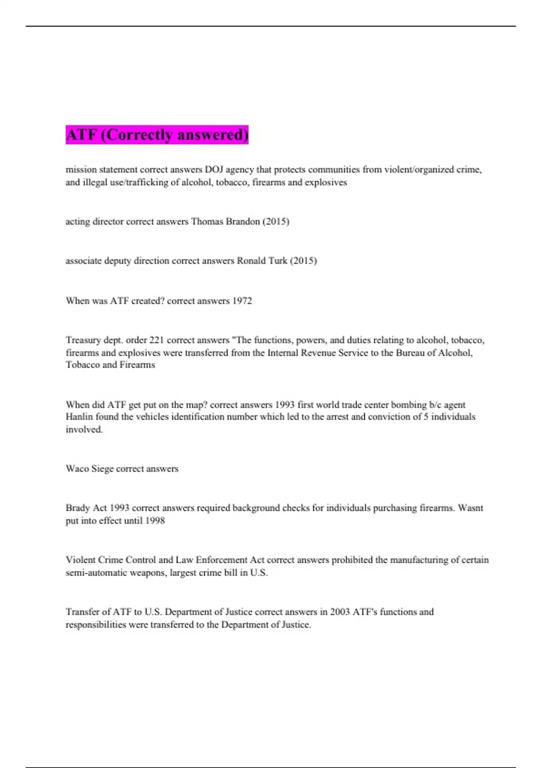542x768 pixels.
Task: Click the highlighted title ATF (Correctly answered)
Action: (x=157, y=135)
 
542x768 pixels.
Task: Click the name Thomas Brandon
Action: (x=225, y=221)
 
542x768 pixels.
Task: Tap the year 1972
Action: (x=242, y=301)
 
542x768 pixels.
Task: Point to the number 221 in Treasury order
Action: (x=156, y=340)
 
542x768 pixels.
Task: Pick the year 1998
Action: (x=155, y=521)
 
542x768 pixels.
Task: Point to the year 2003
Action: (x=340, y=612)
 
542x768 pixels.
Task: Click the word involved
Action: (x=84, y=430)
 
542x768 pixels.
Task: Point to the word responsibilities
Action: (x=96, y=625)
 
